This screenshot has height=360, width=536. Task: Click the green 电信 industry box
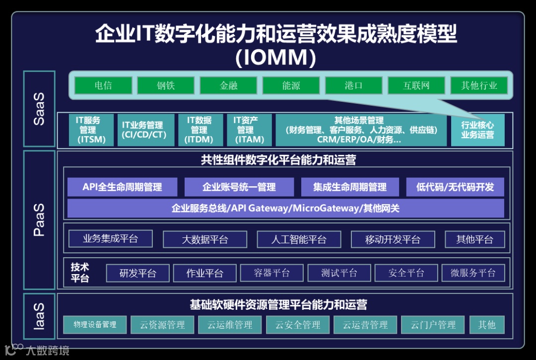103,85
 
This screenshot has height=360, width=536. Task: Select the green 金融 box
228,85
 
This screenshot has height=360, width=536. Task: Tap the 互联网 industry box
416,85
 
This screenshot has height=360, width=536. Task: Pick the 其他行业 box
479,85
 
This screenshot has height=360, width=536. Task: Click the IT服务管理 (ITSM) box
88,130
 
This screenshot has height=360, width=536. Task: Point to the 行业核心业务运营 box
477,130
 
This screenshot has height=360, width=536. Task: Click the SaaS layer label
39,109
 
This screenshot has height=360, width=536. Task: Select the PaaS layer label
39,219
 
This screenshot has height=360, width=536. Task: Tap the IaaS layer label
39,316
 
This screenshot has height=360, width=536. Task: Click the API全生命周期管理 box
122,187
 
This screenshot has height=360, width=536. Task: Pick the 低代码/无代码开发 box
455,187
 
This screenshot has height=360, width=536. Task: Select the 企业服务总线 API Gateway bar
285,208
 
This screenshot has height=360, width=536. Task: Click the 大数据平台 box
204,239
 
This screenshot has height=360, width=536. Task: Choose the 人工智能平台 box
299,239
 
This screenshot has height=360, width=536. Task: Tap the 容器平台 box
271,273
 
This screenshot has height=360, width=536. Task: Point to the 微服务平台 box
473,273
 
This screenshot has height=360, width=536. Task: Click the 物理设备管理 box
95,325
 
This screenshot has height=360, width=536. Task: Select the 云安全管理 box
298,325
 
